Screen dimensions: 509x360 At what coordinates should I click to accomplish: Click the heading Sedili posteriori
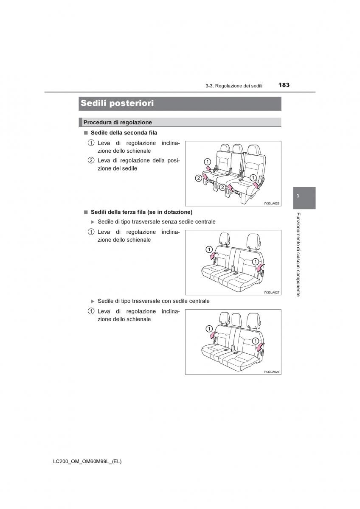(117, 103)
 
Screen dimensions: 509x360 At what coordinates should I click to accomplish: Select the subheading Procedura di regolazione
(118, 122)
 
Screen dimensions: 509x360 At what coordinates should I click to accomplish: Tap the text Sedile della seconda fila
(124, 133)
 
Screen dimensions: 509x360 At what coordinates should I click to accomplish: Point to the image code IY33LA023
(271, 204)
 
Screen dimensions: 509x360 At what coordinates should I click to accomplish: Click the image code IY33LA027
(271, 292)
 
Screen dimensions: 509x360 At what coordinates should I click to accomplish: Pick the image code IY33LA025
(271, 372)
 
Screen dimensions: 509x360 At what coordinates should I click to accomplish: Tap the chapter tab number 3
(298, 196)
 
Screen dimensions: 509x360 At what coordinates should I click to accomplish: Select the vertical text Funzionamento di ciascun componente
(298, 254)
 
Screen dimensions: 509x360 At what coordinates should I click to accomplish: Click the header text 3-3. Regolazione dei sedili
(233, 86)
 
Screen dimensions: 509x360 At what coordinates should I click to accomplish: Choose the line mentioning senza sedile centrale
(156, 221)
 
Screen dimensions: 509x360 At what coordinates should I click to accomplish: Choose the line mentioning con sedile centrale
(153, 301)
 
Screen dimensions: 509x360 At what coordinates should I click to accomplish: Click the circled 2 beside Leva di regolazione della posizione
(91, 160)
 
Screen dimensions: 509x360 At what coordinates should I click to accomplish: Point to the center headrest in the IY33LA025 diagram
(236, 318)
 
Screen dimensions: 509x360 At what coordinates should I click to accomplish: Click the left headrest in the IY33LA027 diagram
(225, 239)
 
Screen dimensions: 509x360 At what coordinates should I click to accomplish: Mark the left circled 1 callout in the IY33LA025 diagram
(208, 328)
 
